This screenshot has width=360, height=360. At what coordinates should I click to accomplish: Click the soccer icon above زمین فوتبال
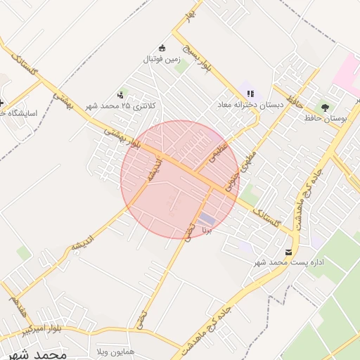click(163, 49)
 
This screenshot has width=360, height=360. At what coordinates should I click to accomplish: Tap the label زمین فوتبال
click(163, 59)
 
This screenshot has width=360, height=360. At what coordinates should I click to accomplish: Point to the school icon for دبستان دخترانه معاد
click(250, 94)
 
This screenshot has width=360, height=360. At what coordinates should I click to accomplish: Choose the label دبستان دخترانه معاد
click(250, 105)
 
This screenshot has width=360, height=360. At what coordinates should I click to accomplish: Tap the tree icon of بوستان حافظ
click(324, 108)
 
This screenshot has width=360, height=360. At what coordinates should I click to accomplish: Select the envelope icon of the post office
click(288, 252)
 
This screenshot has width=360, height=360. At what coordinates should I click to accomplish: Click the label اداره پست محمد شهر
click(289, 263)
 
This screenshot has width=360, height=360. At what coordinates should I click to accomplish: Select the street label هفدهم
click(14, 304)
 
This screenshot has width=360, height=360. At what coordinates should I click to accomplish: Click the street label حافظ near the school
click(295, 103)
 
